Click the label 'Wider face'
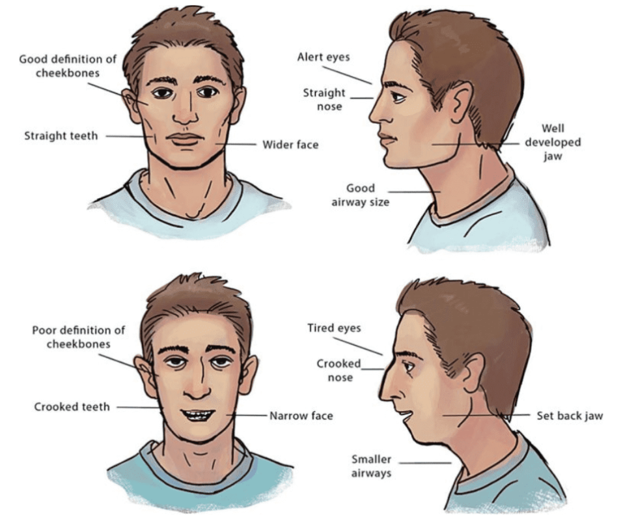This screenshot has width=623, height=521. (x=290, y=145)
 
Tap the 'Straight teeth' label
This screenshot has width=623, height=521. (x=61, y=136)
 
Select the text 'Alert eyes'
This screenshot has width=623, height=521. (x=324, y=57)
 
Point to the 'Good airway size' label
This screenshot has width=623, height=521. (x=361, y=195)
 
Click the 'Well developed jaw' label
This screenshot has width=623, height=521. (x=553, y=142)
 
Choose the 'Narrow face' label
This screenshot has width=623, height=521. (x=301, y=415)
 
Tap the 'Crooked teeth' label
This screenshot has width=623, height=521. (x=72, y=407)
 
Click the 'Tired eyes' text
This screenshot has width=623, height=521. (x=334, y=328)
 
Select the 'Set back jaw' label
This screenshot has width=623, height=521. (x=570, y=415)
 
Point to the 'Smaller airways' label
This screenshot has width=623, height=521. (x=371, y=466)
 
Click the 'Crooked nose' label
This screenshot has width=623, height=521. (x=339, y=371)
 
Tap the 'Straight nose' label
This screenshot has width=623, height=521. (x=324, y=100)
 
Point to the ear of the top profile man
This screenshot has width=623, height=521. (x=460, y=102)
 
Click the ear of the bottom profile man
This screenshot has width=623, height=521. (x=472, y=373)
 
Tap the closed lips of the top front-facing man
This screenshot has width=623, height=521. (x=185, y=139)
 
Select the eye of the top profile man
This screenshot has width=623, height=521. (x=398, y=96)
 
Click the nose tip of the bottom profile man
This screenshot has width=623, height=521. (x=381, y=396)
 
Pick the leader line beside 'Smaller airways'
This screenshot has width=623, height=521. (x=425, y=463)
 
